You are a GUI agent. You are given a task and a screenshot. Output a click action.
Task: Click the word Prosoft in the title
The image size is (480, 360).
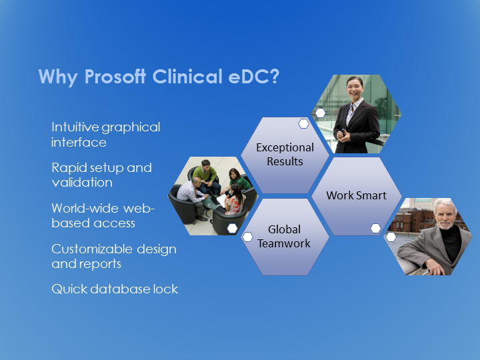(115, 76)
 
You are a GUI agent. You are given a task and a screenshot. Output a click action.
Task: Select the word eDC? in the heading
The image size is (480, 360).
(254, 76)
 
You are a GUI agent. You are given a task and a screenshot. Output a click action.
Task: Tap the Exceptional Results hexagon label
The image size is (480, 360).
(285, 154)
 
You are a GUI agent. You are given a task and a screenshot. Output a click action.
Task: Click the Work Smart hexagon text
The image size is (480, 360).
(356, 195)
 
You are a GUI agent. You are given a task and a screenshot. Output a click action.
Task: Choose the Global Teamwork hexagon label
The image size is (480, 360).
(284, 236)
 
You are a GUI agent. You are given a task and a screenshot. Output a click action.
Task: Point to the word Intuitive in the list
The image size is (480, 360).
(75, 127)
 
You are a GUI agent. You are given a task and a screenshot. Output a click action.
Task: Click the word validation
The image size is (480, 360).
(82, 183)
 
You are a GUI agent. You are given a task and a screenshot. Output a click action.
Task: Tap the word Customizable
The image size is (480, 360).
(92, 249)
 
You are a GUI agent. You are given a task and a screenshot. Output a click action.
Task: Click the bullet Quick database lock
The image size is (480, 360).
(115, 289)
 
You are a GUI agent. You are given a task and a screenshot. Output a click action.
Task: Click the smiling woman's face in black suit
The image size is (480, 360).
(355, 87)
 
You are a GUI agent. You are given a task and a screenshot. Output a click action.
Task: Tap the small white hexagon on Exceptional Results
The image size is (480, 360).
(303, 124)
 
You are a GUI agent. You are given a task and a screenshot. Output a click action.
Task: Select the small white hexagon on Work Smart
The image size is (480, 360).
(375, 228)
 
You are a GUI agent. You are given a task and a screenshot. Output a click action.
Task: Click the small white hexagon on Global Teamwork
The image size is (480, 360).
(247, 237)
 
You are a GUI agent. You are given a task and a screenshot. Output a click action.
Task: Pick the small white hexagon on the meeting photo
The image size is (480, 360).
(232, 228)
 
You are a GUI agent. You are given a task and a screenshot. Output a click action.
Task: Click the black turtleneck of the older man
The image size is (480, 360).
(450, 243)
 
